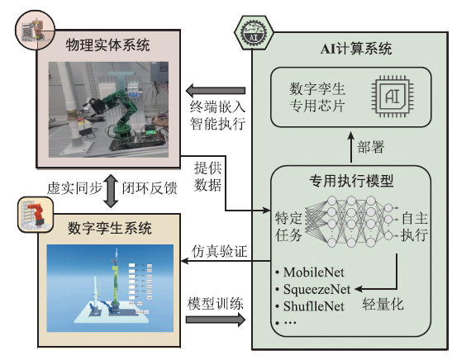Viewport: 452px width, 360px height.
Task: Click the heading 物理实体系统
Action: [x=107, y=45]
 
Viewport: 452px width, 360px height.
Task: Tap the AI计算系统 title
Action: [x=356, y=49]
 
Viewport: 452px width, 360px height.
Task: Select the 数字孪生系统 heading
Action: [x=110, y=228]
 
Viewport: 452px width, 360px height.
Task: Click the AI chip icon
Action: [x=393, y=97]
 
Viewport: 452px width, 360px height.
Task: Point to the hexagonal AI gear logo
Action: [x=254, y=32]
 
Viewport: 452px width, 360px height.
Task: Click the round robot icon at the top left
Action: [x=35, y=30]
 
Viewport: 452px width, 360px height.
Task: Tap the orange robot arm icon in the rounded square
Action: [x=36, y=215]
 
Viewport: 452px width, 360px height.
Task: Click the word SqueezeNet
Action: [x=317, y=289]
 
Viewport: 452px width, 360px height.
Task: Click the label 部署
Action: [x=371, y=147]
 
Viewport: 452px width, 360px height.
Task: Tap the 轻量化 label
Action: [x=383, y=304]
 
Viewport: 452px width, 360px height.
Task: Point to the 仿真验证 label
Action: [x=220, y=251]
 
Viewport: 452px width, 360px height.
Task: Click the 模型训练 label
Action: [x=216, y=304]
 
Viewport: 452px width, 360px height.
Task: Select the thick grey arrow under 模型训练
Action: [x=216, y=320]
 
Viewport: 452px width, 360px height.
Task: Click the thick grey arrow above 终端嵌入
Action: [x=216, y=91]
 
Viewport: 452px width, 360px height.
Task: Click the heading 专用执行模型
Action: [x=351, y=181]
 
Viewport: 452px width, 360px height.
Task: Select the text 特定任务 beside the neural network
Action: [x=288, y=227]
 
